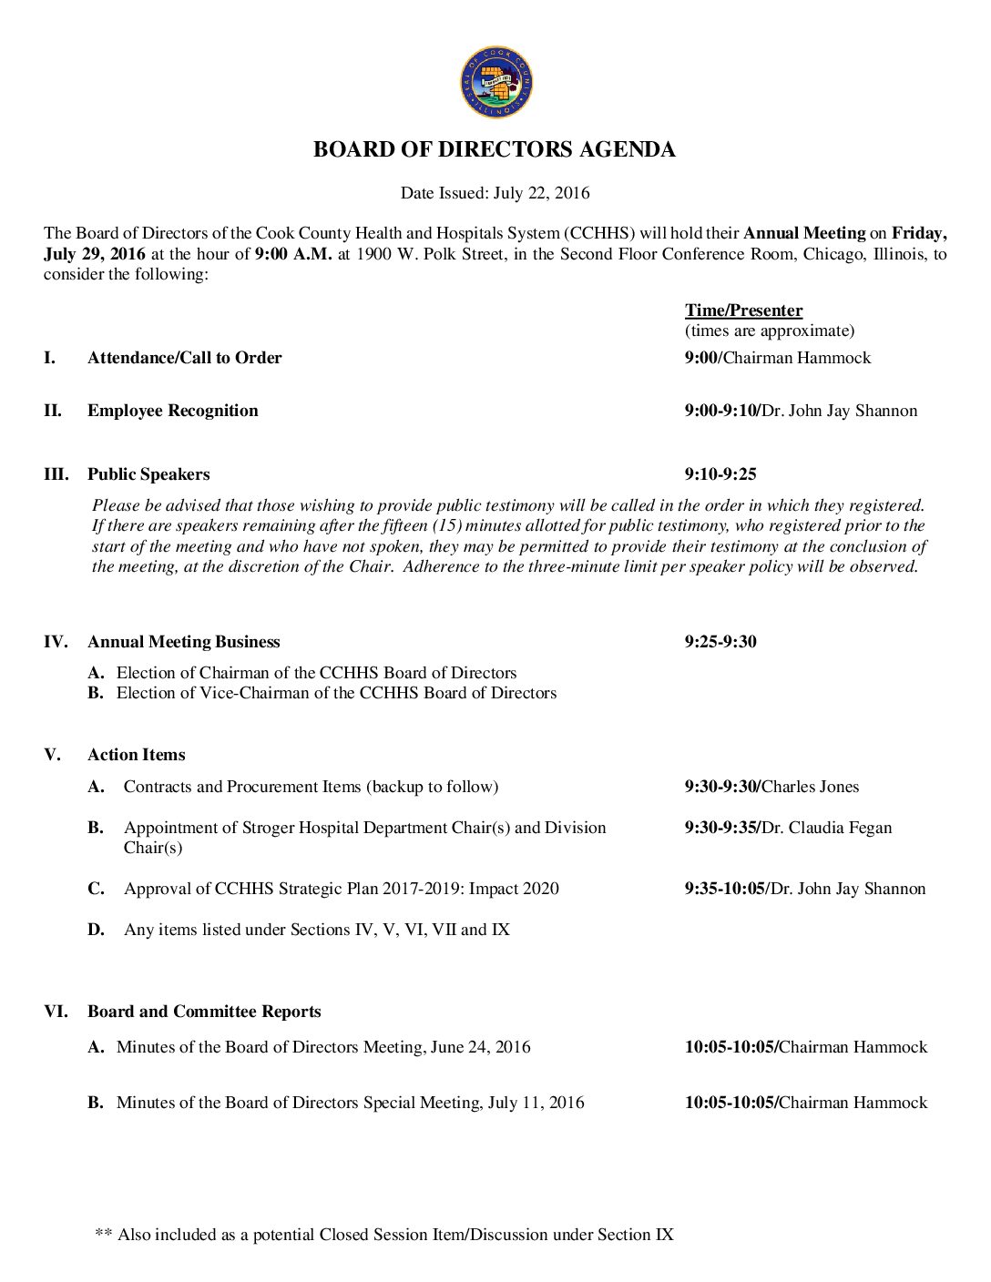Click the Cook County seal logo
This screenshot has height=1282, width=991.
click(x=495, y=83)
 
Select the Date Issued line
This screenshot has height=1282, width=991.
click(x=495, y=193)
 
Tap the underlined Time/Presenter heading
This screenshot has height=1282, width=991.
click(x=743, y=310)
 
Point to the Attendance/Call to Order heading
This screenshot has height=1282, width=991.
click(x=184, y=358)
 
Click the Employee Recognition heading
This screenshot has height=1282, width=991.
click(x=172, y=411)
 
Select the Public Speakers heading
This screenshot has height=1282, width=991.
click(x=148, y=474)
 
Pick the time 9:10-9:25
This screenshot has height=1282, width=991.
click(x=720, y=474)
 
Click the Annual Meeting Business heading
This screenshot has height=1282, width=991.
click(x=183, y=642)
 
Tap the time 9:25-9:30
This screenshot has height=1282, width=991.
click(x=720, y=642)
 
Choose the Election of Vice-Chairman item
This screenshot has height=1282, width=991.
click(x=336, y=693)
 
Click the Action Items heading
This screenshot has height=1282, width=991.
click(x=136, y=755)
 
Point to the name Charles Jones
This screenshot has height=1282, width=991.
click(x=811, y=787)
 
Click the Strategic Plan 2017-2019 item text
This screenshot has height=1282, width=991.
click(x=342, y=889)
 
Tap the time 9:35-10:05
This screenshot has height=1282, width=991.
click(x=725, y=889)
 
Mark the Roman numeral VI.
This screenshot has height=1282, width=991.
click(x=55, y=1012)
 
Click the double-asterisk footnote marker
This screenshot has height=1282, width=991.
click(x=103, y=1235)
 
